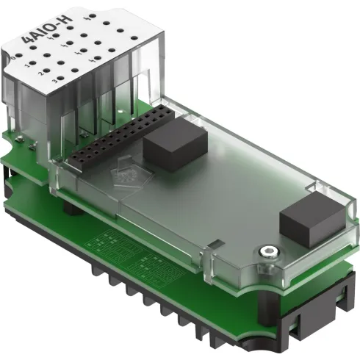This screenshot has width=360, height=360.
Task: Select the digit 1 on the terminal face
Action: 26,65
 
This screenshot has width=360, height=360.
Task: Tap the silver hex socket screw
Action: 271,253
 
